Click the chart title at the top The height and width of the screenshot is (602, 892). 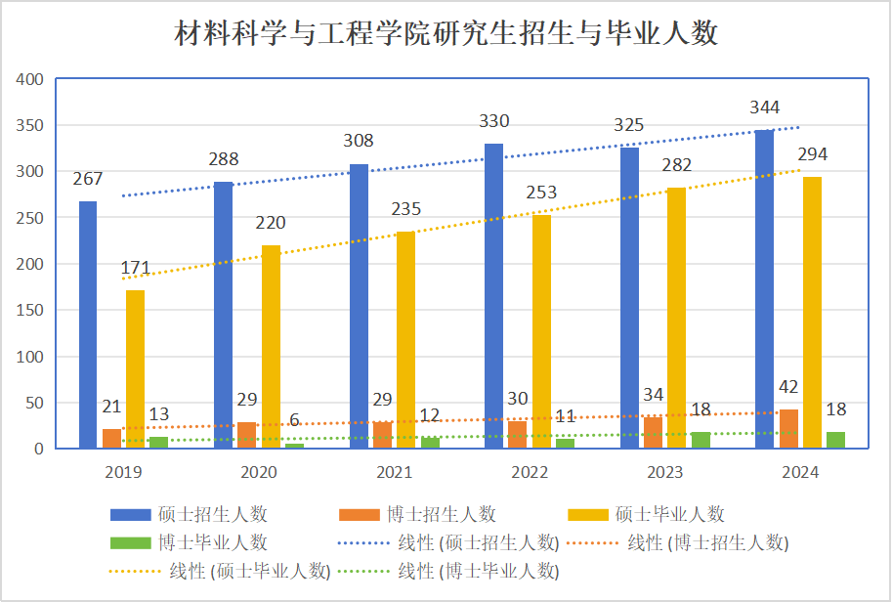(x=446, y=35)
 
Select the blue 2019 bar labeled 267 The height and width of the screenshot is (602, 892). (x=88, y=324)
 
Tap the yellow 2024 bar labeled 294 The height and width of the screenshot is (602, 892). (x=812, y=313)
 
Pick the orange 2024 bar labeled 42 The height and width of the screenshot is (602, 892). (x=788, y=429)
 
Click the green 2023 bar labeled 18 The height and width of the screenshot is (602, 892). (x=701, y=440)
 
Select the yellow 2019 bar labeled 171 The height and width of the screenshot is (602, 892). (x=135, y=369)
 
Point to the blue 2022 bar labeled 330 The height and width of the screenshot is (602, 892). (x=494, y=296)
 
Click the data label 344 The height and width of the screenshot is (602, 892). (x=764, y=107)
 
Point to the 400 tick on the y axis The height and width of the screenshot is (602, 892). (x=29, y=79)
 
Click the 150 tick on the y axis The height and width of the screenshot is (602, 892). (x=29, y=310)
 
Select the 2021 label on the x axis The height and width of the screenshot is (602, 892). (x=394, y=472)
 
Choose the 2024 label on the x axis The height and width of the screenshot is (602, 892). (x=800, y=472)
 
